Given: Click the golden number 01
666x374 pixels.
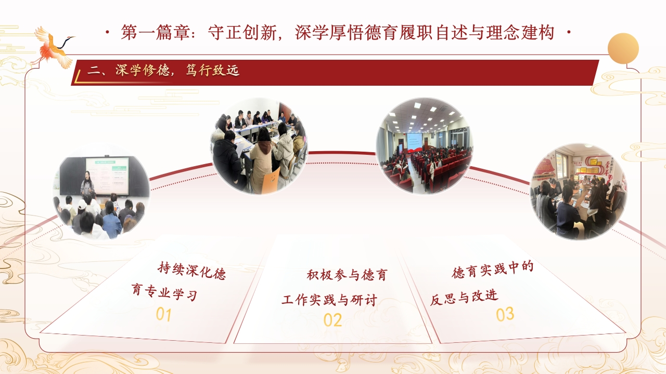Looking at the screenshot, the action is (x=164, y=315).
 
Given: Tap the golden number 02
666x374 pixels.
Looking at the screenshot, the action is (x=332, y=320).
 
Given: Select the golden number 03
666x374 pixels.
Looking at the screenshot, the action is (x=505, y=314).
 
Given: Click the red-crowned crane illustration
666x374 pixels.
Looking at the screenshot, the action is (x=54, y=47).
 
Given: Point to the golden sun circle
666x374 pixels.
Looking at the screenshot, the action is (x=623, y=48).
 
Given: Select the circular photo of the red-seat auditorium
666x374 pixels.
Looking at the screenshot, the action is (x=425, y=146).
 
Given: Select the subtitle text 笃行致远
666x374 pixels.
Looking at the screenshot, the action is (x=212, y=70).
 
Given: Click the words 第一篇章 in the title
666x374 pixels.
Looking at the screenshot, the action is (x=155, y=32).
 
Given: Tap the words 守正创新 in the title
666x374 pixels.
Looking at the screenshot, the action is (x=242, y=32).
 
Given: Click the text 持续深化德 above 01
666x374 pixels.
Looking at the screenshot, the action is (x=192, y=271).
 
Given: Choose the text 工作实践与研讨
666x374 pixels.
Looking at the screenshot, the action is (x=329, y=300).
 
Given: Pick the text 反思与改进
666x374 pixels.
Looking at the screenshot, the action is (x=464, y=298).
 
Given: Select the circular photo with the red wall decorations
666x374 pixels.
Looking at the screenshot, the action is (x=579, y=192).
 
